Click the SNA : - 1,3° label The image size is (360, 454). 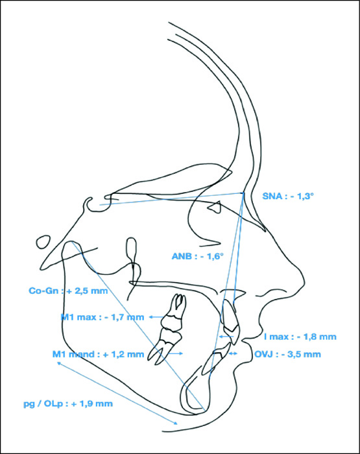pyautogui.click(x=288, y=196)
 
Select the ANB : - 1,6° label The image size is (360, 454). pyautogui.click(x=198, y=256)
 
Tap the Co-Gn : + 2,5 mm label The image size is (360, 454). pyautogui.click(x=68, y=291)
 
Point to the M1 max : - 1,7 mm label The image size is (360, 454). pyautogui.click(x=102, y=317)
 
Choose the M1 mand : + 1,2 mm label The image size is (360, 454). pyautogui.click(x=98, y=354)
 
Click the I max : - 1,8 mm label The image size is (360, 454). pyautogui.click(x=300, y=337)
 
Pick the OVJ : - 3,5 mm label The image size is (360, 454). pyautogui.click(x=287, y=354)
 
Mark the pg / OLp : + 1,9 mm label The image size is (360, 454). pyautogui.click(x=68, y=403)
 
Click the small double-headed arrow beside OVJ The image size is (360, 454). pyautogui.click(x=233, y=353)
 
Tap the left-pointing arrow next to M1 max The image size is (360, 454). pyautogui.click(x=156, y=317)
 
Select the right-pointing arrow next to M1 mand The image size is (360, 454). pyautogui.click(x=176, y=353)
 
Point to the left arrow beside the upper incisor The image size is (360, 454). pyautogui.click(x=226, y=337)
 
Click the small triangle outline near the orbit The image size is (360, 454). pyautogui.click(x=215, y=207)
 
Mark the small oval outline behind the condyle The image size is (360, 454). pyautogui.click(x=43, y=242)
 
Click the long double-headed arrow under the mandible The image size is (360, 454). pyautogui.click(x=117, y=393)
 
